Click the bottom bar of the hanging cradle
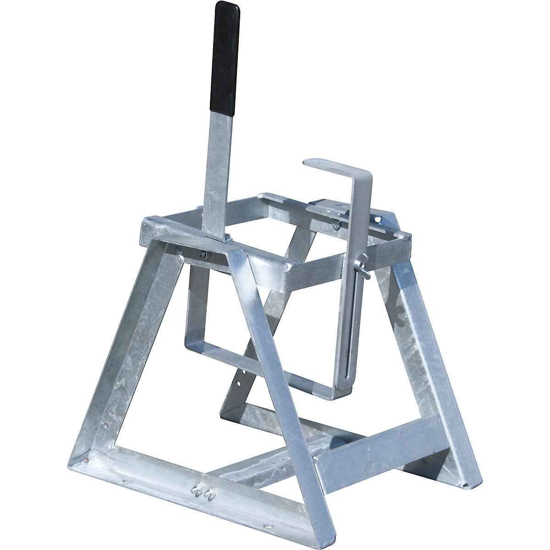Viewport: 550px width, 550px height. click(257, 367)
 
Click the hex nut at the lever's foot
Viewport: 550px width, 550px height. click(227, 238)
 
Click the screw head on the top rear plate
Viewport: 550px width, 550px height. click(337, 225)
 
